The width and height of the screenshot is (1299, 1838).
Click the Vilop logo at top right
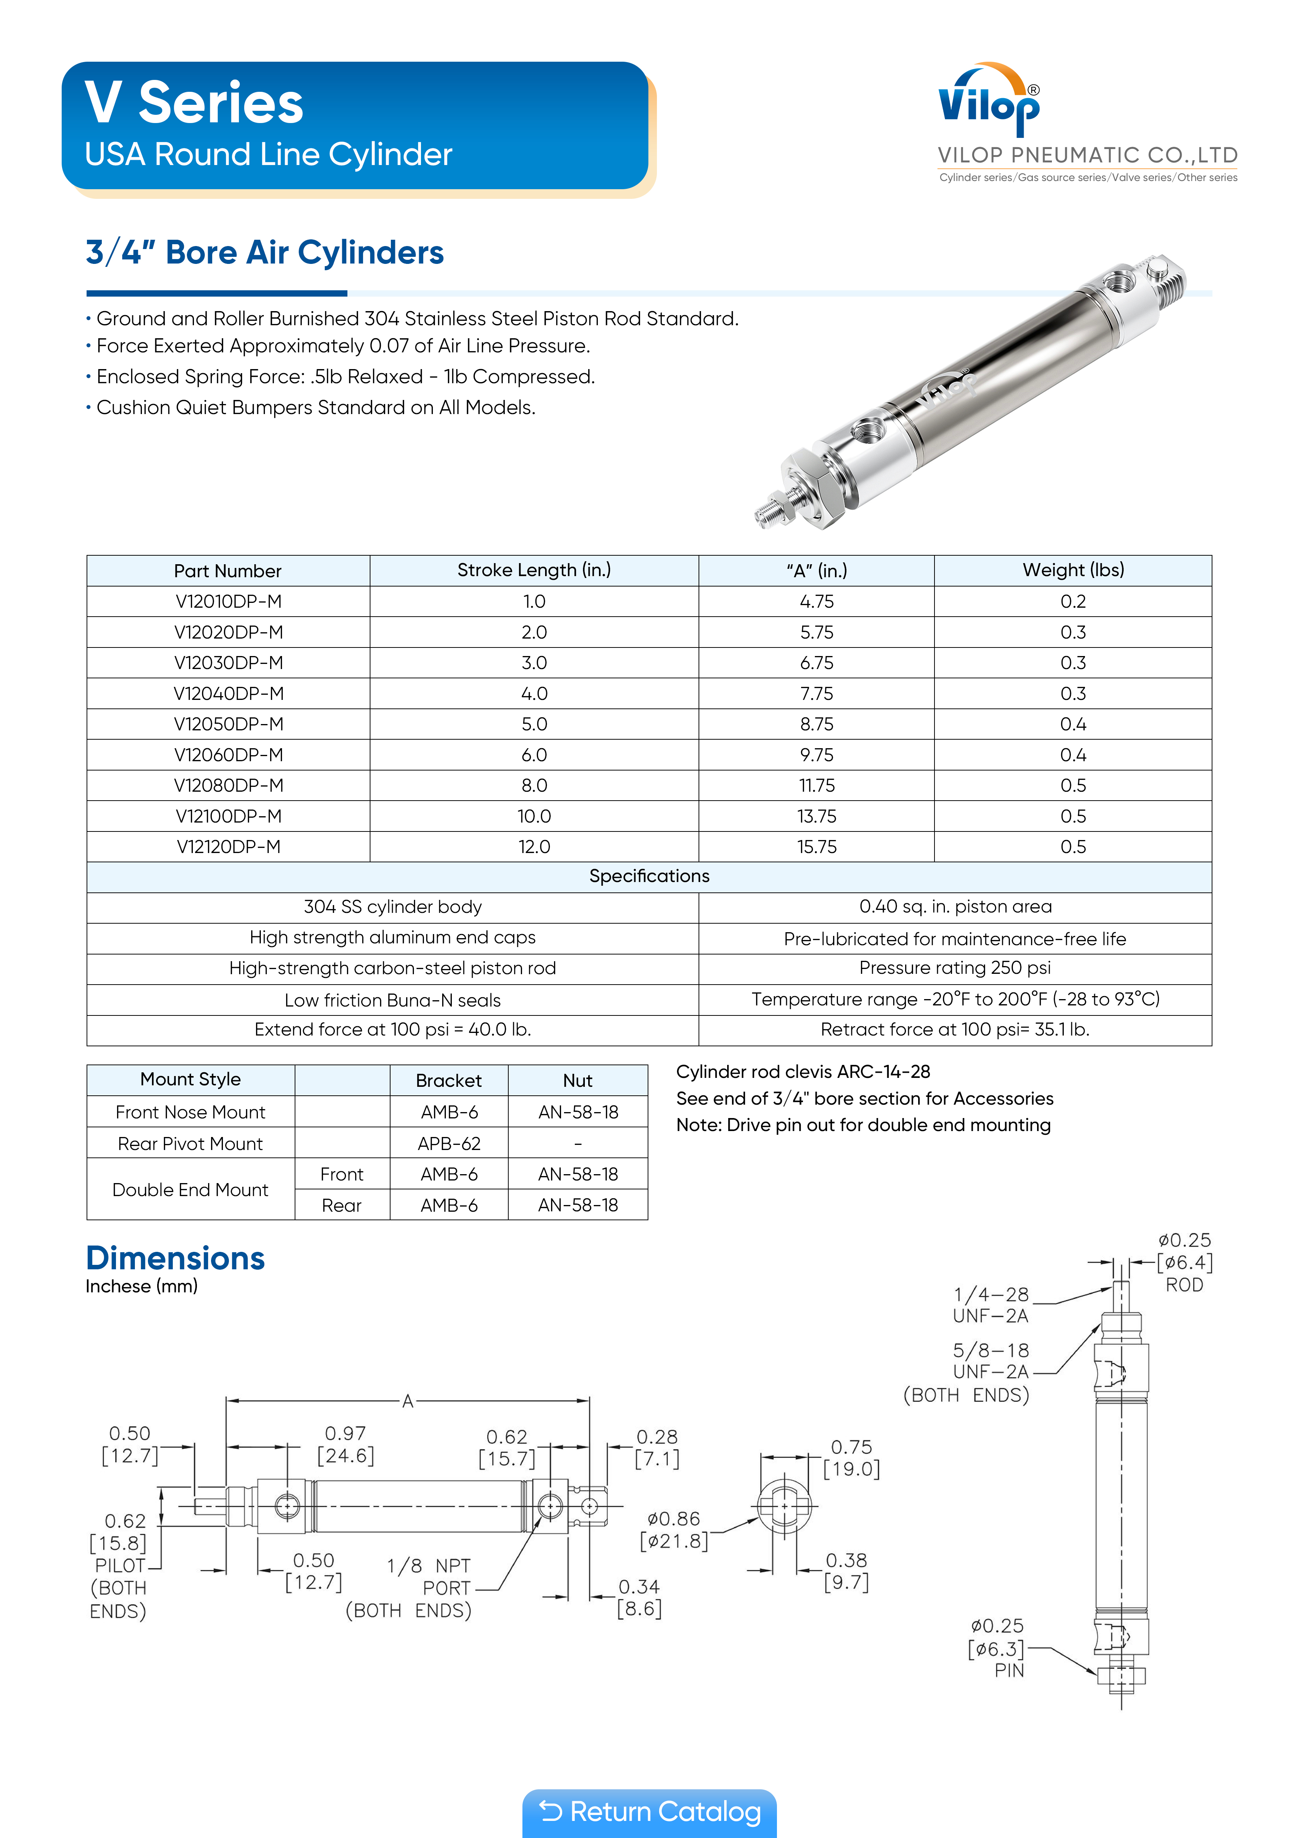tap(989, 103)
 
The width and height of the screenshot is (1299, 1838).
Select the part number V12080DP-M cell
tap(228, 785)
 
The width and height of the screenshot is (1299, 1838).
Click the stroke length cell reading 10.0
tap(534, 816)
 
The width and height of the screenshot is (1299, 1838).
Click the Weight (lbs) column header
tap(1072, 570)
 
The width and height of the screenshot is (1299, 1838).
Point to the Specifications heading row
tap(649, 876)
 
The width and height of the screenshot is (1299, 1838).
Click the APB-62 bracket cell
tap(449, 1143)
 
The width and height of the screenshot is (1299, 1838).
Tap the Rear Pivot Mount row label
tap(191, 1143)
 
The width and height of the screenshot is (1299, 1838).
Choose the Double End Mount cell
tap(191, 1189)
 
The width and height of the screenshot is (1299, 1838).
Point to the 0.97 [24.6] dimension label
tap(346, 1444)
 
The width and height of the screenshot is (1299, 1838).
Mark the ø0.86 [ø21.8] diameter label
tap(674, 1530)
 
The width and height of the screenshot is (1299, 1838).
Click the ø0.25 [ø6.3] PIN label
tap(997, 1647)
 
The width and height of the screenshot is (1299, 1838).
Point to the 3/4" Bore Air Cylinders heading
tap(265, 252)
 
